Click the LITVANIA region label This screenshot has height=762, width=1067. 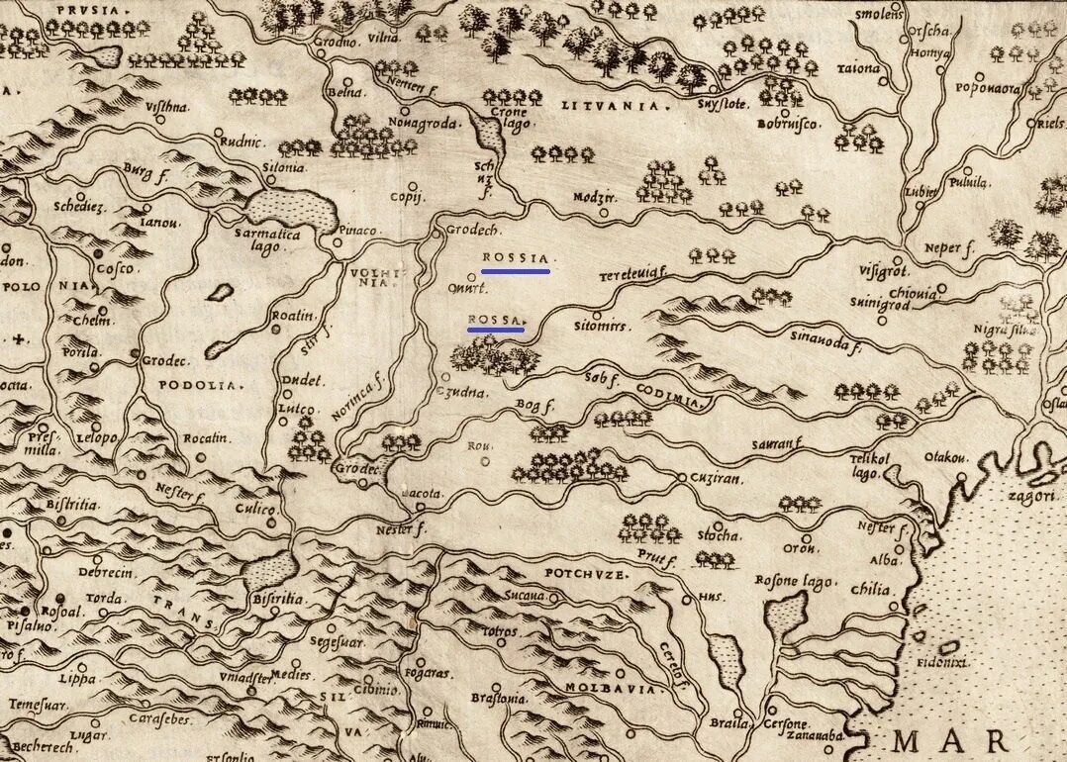coord(601,104)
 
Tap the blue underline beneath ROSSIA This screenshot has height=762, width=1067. coord(515,270)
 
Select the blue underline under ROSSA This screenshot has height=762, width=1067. coord(495,331)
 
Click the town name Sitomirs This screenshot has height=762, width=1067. coord(601,324)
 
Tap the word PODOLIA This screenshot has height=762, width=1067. coord(201,385)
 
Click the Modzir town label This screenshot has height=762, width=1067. coord(594,197)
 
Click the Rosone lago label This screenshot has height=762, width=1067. coord(794,581)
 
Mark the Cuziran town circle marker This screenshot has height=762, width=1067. coord(681,478)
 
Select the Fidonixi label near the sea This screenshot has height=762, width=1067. coord(940,661)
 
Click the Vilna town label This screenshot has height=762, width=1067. coord(384,38)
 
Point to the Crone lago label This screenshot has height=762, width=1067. coord(514,118)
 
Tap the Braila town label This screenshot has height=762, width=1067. coord(727,722)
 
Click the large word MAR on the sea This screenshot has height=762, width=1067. coord(950,740)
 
